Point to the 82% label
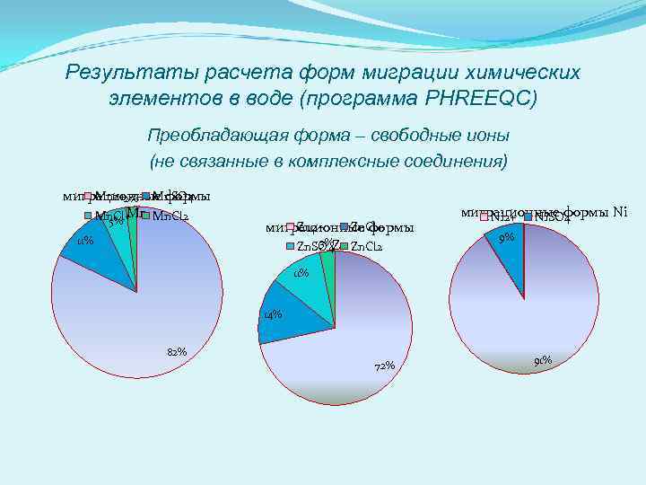tap(176, 351)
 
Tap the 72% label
tap(384, 366)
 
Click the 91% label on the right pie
tap(542, 361)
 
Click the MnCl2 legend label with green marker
tap(170, 216)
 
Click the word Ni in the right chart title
tap(619, 213)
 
